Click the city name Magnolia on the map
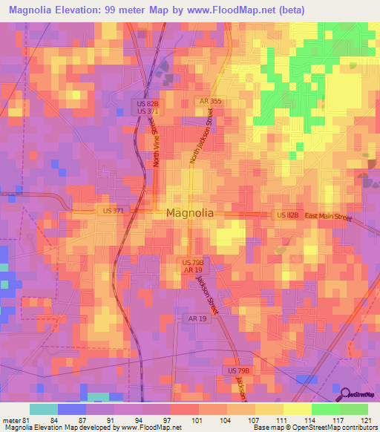[x=190, y=213]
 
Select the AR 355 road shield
[x=209, y=101]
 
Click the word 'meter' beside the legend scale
[x=10, y=419]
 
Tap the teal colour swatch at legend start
[x=44, y=409]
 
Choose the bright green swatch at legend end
[x=354, y=409]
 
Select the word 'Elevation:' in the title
[x=82, y=10]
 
